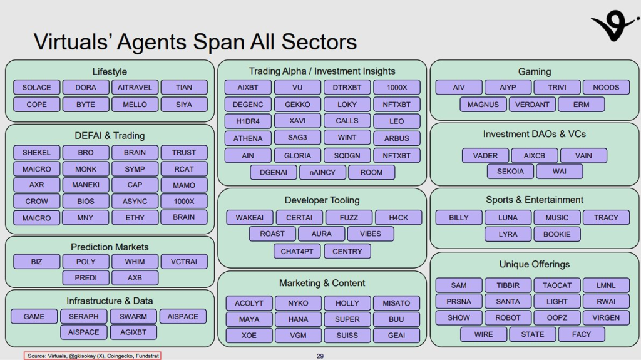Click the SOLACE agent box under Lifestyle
tap(37, 88)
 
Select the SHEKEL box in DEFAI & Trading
tap(37, 152)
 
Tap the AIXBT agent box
tap(249, 88)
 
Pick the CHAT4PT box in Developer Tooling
tap(298, 251)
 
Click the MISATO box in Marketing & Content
tap(396, 303)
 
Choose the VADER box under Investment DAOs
tap(486, 155)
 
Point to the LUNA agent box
tap(508, 217)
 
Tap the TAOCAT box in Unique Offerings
tap(557, 285)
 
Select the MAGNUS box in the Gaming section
tap(483, 105)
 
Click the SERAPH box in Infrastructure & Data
tap(83, 316)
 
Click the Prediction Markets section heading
tap(110, 247)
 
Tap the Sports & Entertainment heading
tap(535, 200)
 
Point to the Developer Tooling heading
tap(322, 200)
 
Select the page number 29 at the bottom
tap(320, 356)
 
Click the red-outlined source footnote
tap(93, 356)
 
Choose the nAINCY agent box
tap(322, 172)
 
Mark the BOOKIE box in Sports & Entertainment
tap(557, 234)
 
